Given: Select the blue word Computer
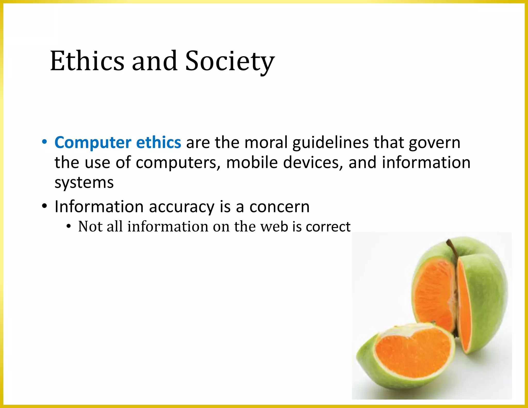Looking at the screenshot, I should [93, 143].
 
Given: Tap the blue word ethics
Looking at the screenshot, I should [159, 143].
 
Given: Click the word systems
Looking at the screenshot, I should [84, 183].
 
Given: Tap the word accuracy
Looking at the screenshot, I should [181, 207].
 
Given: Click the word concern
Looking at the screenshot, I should [279, 207].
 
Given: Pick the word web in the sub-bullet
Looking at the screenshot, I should [274, 226].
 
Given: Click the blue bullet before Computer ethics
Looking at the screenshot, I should [44, 142].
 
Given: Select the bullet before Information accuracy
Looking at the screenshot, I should [44, 206].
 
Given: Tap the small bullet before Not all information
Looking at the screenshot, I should [68, 226].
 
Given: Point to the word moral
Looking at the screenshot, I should [266, 143].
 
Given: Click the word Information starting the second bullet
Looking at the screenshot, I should [99, 207].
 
